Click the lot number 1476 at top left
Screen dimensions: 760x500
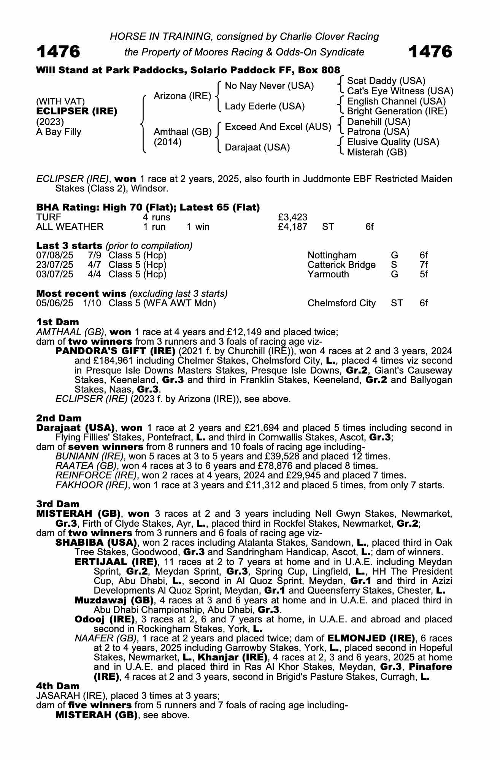(x=58, y=51)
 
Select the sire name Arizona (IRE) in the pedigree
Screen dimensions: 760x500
(x=182, y=96)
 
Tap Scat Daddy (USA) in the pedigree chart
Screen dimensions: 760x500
(x=386, y=81)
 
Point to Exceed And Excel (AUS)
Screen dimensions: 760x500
(x=278, y=127)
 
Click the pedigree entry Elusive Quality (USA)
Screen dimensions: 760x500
(x=393, y=142)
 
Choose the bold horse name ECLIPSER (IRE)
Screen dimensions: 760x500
(x=77, y=111)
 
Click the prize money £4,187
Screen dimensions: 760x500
(x=292, y=227)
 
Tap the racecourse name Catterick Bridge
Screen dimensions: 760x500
(x=341, y=264)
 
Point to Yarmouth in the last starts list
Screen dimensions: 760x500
(x=328, y=274)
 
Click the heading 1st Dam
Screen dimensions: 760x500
(x=57, y=322)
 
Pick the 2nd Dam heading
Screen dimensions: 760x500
(x=59, y=418)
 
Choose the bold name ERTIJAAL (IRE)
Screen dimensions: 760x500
(x=116, y=562)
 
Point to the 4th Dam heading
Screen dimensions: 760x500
(x=58, y=686)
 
